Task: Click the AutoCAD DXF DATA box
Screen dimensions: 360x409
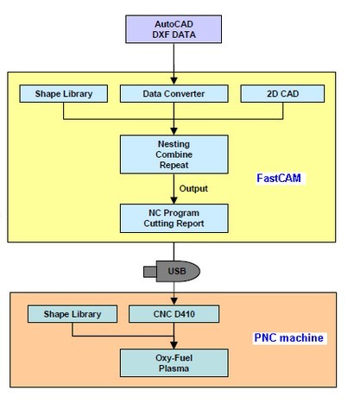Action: (x=174, y=29)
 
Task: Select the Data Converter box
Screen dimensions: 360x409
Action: (x=174, y=93)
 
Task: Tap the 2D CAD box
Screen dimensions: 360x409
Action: (x=282, y=93)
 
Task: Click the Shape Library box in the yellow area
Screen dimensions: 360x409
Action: (x=64, y=93)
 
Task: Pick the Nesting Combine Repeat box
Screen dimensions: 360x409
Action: (x=174, y=154)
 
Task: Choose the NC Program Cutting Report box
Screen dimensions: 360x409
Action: (x=174, y=218)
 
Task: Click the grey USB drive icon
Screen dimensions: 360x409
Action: (x=172, y=271)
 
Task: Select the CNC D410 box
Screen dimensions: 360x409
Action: (x=174, y=314)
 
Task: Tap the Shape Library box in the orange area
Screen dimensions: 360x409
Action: (x=73, y=314)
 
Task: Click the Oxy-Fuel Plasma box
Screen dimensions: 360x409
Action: (x=174, y=363)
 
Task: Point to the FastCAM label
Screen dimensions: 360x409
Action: (x=279, y=178)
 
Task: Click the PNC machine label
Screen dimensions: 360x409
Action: (x=289, y=337)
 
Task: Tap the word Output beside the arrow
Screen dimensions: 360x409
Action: (x=193, y=188)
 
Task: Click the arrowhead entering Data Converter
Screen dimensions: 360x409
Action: (x=174, y=81)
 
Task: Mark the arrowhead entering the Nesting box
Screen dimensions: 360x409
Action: (x=174, y=131)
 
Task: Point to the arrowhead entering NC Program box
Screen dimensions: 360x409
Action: (x=174, y=200)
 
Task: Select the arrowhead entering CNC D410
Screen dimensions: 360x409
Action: (x=174, y=301)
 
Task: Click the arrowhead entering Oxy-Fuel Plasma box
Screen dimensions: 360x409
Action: (x=174, y=345)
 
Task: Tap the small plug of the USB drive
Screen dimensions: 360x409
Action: (x=150, y=272)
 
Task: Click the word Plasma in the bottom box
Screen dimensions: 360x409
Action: (x=174, y=368)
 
